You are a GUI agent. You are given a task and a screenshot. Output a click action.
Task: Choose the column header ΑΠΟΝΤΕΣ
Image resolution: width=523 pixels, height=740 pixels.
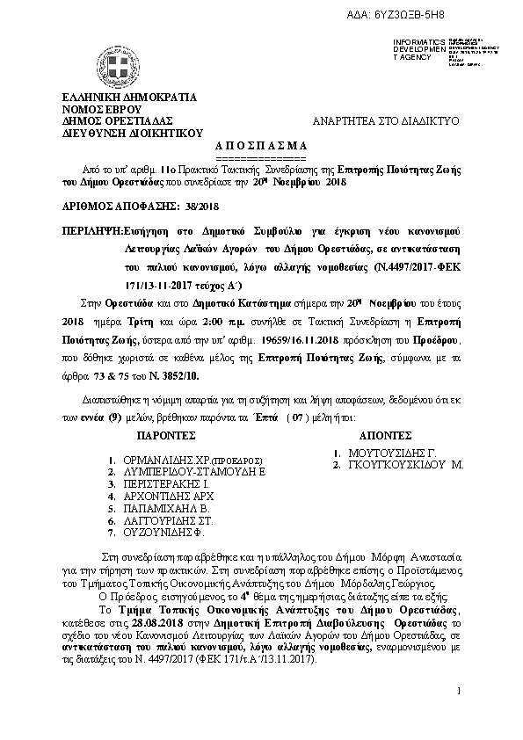point(387,435)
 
